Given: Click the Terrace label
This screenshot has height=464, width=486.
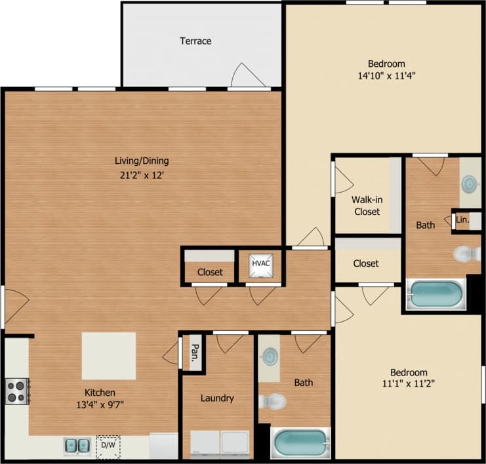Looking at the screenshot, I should (195, 41).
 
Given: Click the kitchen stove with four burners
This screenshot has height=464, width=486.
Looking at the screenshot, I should (16, 391).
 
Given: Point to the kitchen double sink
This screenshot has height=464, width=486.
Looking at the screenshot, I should (77, 446).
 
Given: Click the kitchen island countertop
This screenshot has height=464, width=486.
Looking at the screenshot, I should (109, 356).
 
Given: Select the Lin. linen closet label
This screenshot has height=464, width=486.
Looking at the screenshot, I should (462, 220).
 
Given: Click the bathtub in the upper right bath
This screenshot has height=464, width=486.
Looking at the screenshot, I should (435, 295).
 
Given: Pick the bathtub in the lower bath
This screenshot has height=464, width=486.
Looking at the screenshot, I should (300, 443).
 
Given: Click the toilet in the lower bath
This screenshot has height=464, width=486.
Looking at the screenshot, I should (272, 400).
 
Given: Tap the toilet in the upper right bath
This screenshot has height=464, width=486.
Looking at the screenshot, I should (468, 253).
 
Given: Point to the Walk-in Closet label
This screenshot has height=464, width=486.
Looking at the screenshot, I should (367, 205).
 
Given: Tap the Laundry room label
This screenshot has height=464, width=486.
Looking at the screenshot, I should (217, 398).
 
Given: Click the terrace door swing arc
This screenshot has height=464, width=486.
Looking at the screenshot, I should (247, 75).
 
